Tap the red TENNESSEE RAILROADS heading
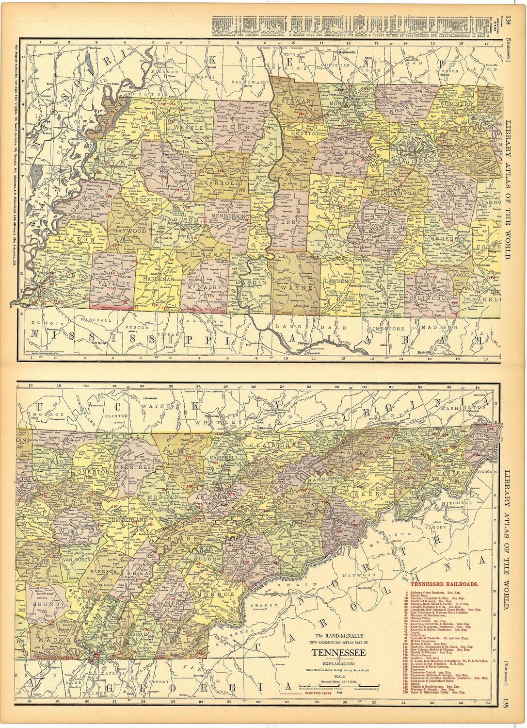click(446, 586)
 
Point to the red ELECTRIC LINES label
click(326, 695)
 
